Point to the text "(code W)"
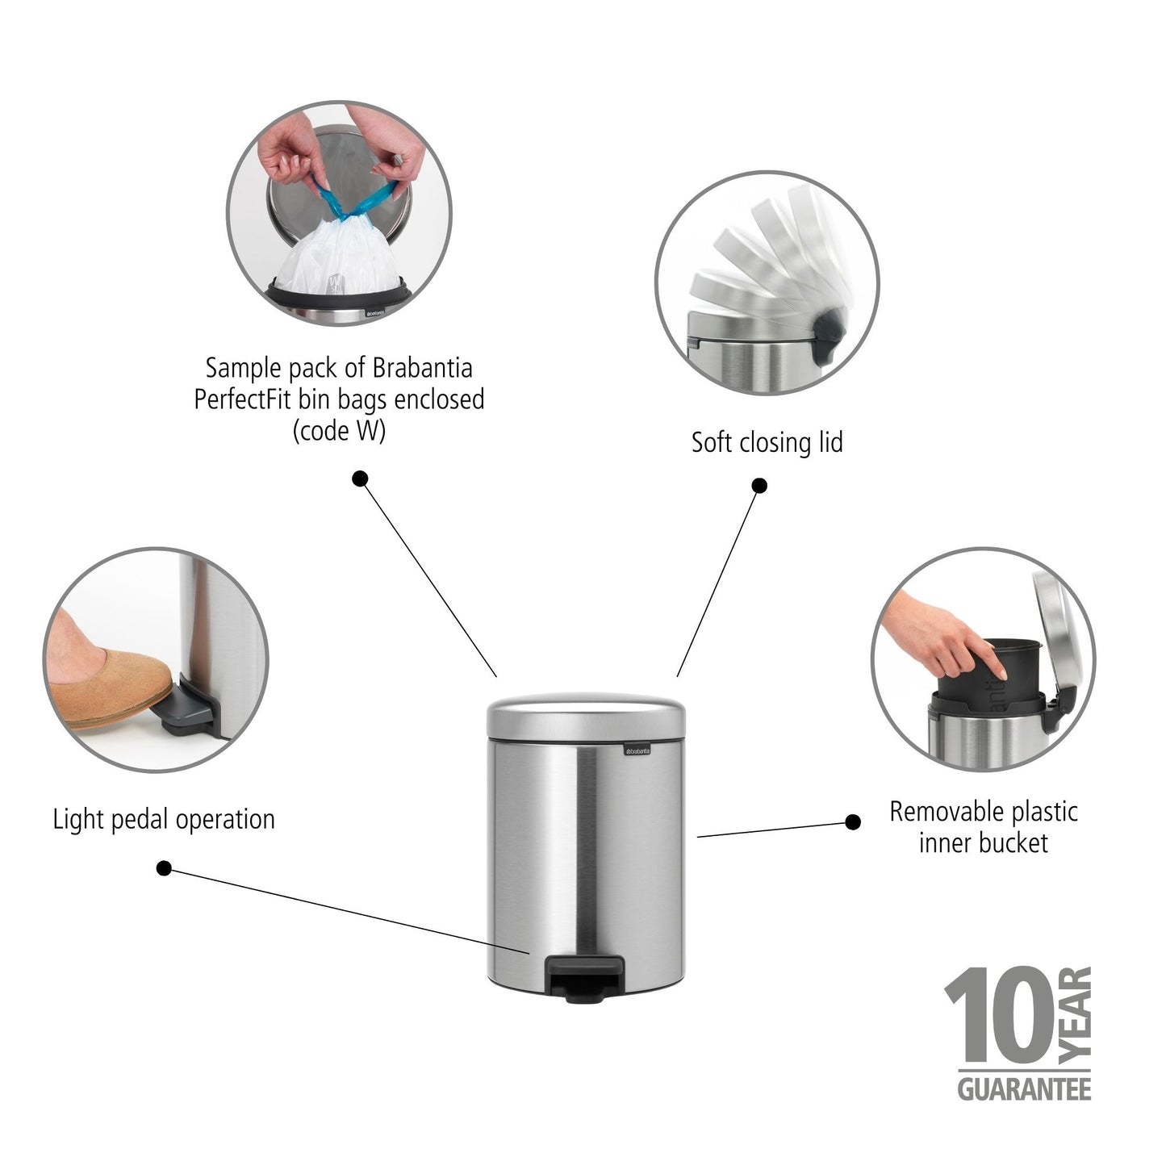[x=339, y=431]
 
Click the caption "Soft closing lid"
[x=767, y=443]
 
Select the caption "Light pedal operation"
[x=164, y=820]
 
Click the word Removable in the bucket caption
[x=937, y=812]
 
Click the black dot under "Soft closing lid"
[x=759, y=486]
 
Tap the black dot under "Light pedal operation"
[x=164, y=868]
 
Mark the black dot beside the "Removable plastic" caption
[x=852, y=822]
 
